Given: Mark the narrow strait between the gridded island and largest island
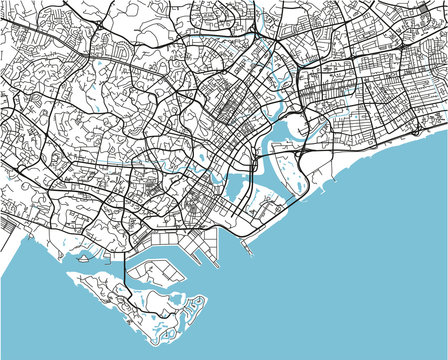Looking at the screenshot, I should (x=150, y=295).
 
